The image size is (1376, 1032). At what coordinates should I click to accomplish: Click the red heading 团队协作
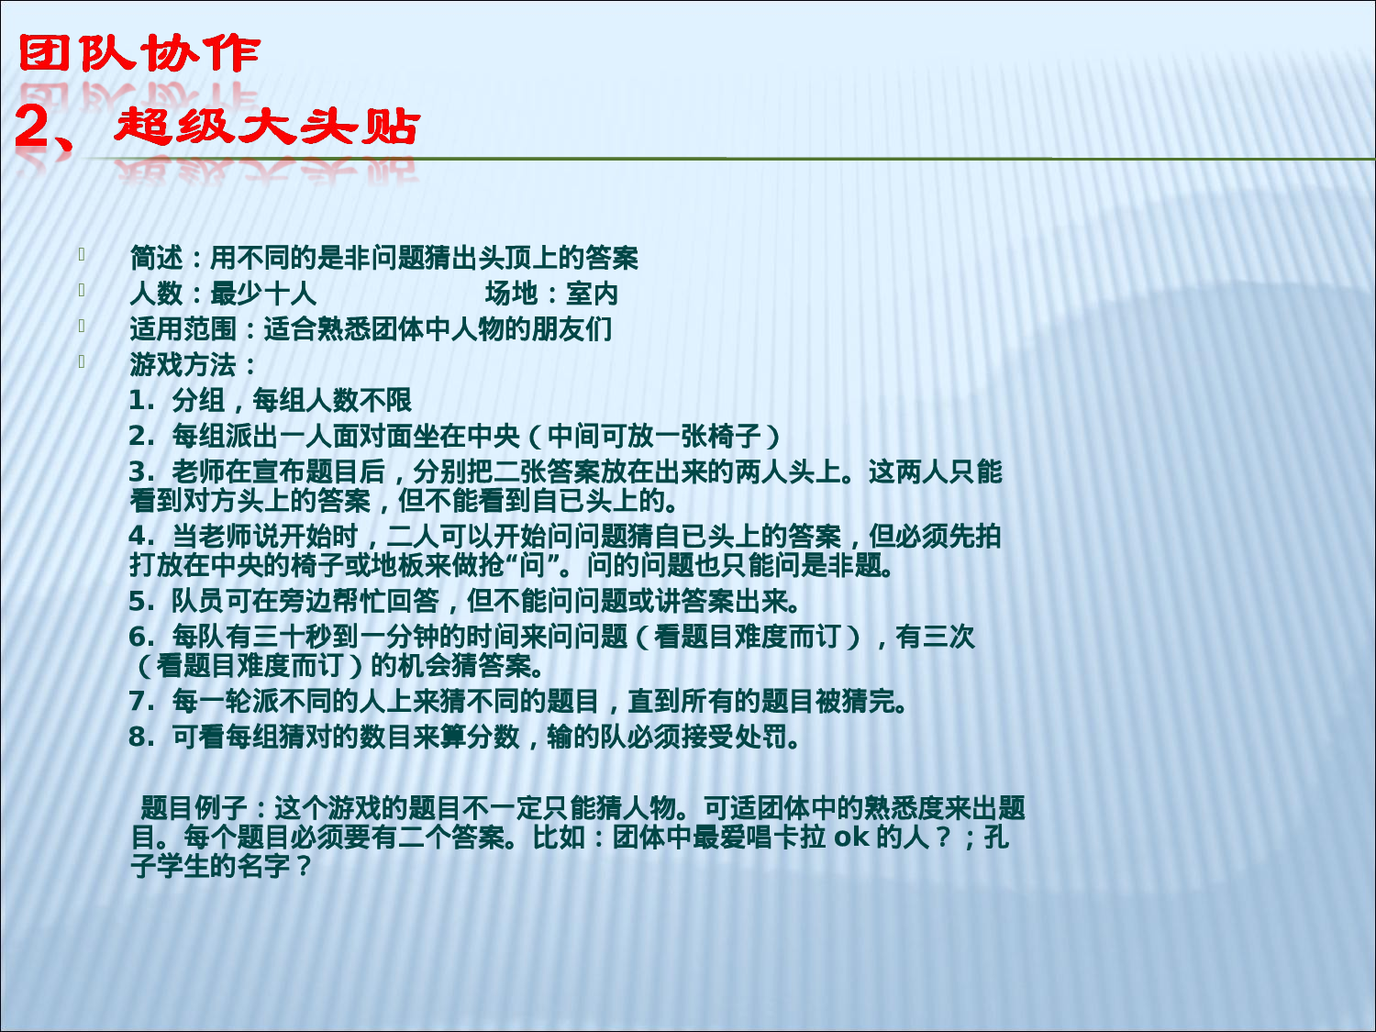point(139,54)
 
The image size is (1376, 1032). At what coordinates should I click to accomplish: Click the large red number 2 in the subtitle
point(34,127)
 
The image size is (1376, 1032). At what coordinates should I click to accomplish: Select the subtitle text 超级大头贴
point(267,126)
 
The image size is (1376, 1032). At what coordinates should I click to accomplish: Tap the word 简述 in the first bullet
point(156,259)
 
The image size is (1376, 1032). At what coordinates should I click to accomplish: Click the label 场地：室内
point(551,294)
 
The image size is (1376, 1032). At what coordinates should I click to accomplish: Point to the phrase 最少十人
point(263,294)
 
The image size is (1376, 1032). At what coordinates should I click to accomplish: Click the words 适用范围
point(183,329)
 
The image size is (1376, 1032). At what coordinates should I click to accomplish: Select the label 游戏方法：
point(194,365)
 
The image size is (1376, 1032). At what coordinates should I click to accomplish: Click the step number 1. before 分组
point(142,401)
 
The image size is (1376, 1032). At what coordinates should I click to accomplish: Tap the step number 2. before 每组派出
point(142,437)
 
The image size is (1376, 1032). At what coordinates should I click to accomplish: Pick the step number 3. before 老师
point(142,472)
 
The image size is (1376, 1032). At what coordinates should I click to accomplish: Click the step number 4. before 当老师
point(142,537)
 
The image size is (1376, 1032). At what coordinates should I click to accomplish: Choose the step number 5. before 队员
point(142,602)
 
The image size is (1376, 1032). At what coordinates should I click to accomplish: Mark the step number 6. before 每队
point(142,638)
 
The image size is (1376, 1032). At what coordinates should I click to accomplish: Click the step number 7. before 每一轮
point(142,702)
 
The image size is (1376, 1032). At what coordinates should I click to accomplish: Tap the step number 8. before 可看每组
point(142,738)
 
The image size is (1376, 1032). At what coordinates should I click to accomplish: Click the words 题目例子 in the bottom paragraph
point(194,809)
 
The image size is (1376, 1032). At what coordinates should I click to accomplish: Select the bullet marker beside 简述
point(82,254)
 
